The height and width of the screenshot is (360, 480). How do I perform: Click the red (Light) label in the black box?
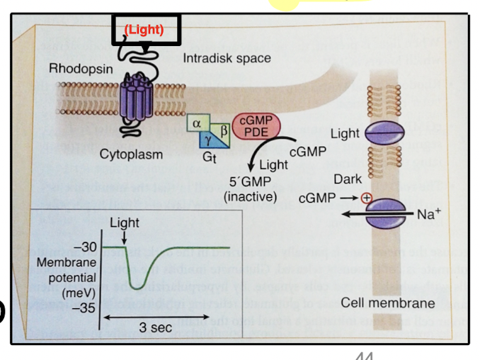click(144, 30)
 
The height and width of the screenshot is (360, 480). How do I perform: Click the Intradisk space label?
click(227, 57)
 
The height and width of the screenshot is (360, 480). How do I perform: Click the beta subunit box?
click(223, 130)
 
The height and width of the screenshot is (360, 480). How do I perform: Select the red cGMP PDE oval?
click(256, 125)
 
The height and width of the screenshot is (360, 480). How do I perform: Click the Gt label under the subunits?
click(210, 157)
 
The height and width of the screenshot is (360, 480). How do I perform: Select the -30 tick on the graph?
click(84, 247)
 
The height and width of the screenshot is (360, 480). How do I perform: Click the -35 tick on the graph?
click(84, 308)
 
